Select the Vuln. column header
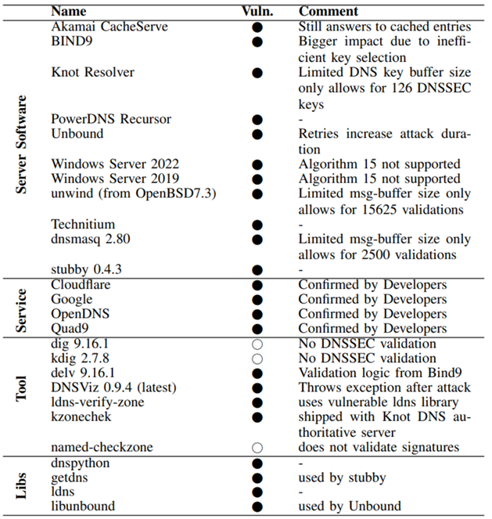tap(257, 12)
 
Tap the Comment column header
tap(329, 12)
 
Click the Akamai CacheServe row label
tap(110, 27)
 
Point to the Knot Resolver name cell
tap(92, 72)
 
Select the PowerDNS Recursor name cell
tap(111, 119)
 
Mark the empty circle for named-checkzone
tap(257, 449)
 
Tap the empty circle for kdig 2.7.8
tap(257, 359)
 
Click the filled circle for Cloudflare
tap(257, 285)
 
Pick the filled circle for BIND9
tap(257, 42)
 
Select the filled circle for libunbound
tap(257, 506)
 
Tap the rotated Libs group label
tap(23, 485)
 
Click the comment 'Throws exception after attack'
tap(383, 388)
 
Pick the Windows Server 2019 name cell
tap(115, 178)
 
